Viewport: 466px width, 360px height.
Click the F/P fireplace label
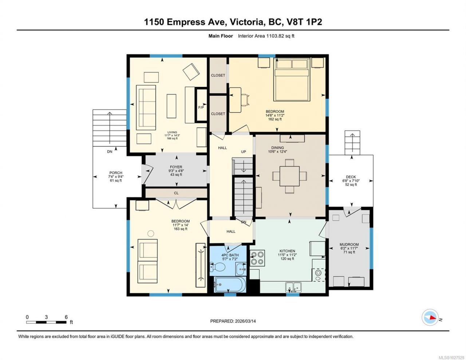(x=201, y=107)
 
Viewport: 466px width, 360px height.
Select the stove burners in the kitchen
(x=257, y=258)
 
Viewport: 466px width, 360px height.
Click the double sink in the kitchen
(x=293, y=287)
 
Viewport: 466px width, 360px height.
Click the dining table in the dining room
(x=289, y=176)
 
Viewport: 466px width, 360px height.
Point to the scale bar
(x=46, y=322)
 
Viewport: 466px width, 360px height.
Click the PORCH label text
(x=116, y=173)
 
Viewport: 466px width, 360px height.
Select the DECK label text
(x=351, y=177)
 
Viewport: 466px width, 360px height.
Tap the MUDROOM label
(x=349, y=245)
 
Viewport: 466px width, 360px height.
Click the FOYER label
(x=176, y=167)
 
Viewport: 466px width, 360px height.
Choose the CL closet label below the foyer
(x=176, y=193)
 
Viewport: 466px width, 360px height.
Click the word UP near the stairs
(x=244, y=151)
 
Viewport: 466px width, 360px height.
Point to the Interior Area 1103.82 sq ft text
(x=266, y=36)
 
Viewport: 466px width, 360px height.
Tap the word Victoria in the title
(x=246, y=22)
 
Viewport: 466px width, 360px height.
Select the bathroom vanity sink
(x=241, y=269)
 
